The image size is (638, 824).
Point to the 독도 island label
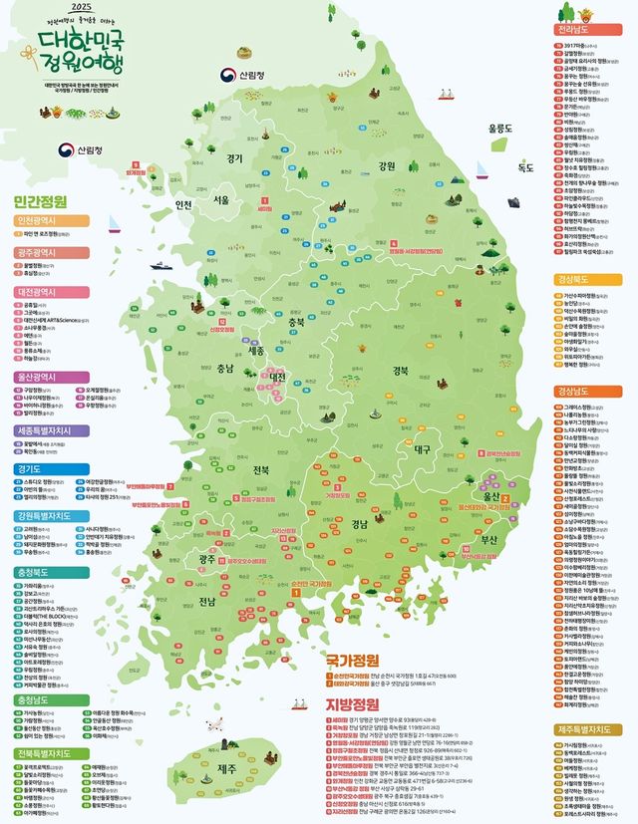click(525, 168)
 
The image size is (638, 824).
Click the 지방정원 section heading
click(352, 704)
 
